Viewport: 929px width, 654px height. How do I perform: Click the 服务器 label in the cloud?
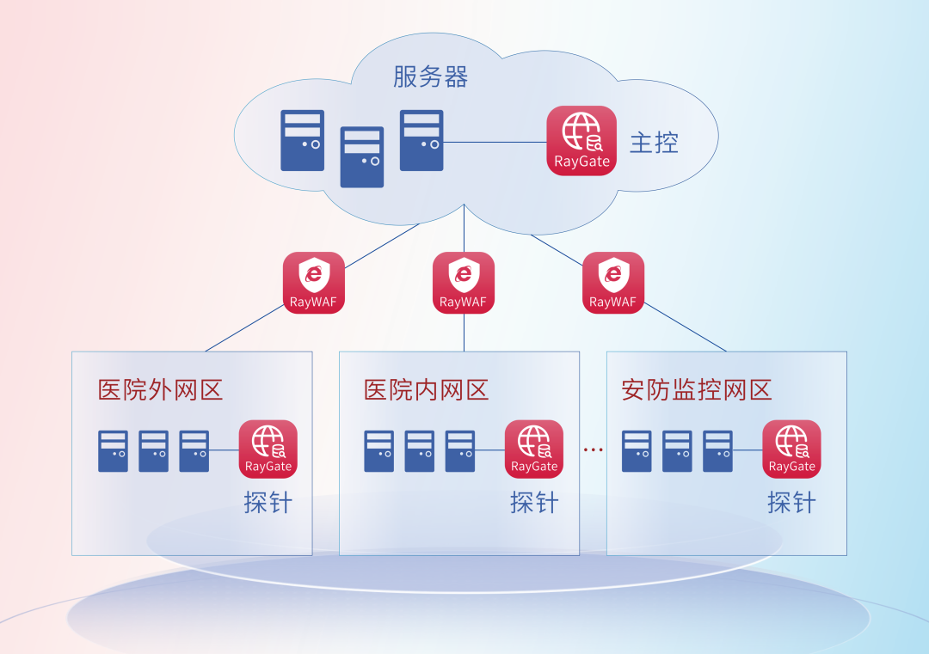tap(431, 77)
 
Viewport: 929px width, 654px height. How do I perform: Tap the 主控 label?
tap(654, 143)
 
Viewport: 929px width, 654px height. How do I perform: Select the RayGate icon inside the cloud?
tap(581, 141)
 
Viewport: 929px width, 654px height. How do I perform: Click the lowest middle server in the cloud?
tap(362, 157)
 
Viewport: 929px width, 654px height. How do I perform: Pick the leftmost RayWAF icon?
tap(313, 283)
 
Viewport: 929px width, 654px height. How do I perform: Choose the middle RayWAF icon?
tap(464, 283)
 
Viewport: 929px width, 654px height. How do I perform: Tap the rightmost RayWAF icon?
tap(613, 283)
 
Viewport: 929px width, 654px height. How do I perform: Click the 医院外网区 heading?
tap(160, 390)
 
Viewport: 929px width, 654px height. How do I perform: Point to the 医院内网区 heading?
tap(426, 390)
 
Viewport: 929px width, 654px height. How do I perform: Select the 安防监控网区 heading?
tap(696, 390)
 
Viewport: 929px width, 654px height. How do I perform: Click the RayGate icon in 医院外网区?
tap(268, 449)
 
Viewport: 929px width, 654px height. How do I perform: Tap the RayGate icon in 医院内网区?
tap(534, 449)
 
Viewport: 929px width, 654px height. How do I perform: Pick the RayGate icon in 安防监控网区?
tap(791, 449)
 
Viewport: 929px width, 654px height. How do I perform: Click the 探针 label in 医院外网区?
tap(268, 503)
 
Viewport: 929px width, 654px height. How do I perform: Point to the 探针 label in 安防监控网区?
tap(791, 503)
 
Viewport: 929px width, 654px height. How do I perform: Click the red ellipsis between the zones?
tap(593, 449)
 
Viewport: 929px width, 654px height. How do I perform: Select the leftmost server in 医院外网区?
tap(114, 451)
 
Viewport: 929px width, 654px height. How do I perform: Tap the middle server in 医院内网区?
tap(420, 451)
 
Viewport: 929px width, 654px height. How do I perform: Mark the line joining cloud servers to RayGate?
tap(495, 142)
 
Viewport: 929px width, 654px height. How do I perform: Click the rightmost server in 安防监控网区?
tap(717, 451)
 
